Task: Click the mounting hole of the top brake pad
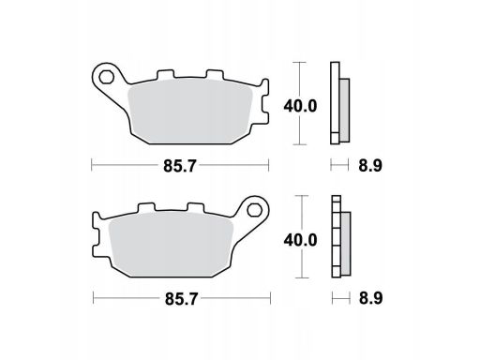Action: point(107,77)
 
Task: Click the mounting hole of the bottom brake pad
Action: point(254,210)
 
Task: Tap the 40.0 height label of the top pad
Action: point(300,106)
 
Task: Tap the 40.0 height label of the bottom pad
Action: point(300,240)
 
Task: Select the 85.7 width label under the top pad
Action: point(180,166)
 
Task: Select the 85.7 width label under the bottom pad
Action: point(181,299)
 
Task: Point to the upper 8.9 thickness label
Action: point(370,165)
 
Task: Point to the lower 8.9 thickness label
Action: point(370,298)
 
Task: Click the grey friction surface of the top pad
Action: point(190,111)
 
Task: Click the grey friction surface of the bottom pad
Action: point(172,245)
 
